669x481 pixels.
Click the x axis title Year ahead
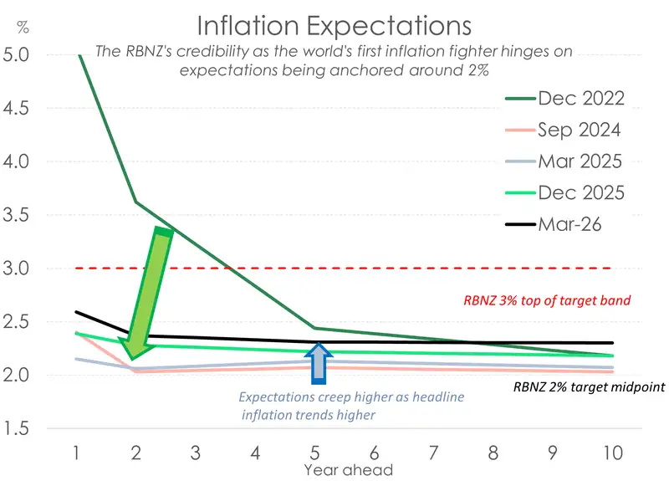pos(349,469)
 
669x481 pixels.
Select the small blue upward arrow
pos(317,362)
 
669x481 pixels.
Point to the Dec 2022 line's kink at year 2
pos(135,202)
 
